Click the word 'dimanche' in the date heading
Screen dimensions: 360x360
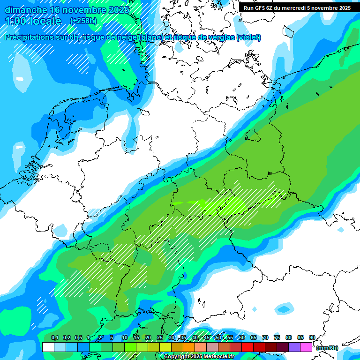(x=26, y=10)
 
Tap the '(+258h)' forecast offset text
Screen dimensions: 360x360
(x=83, y=21)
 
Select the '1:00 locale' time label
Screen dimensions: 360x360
(x=33, y=21)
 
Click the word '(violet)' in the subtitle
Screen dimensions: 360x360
(x=248, y=37)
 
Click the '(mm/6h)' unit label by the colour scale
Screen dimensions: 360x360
(x=327, y=348)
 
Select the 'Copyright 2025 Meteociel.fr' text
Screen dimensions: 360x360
(x=199, y=357)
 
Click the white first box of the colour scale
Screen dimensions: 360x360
(x=48, y=347)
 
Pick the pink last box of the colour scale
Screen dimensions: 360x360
(x=306, y=347)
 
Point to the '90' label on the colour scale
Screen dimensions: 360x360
(x=312, y=337)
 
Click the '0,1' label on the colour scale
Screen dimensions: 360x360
(x=55, y=337)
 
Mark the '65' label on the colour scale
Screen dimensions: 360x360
(x=253, y=337)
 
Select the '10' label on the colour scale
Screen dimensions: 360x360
(x=125, y=337)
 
